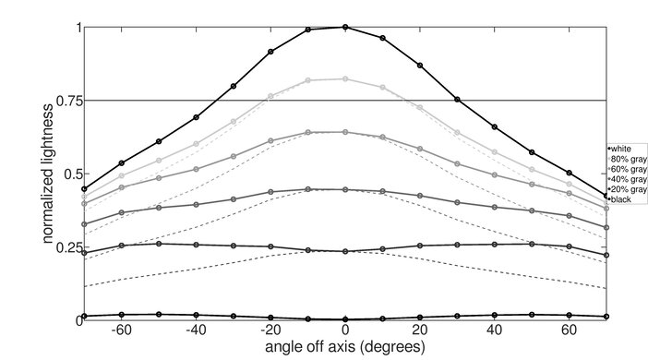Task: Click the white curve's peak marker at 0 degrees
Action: [345, 27]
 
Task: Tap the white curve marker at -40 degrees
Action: [196, 117]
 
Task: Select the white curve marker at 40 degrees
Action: [495, 126]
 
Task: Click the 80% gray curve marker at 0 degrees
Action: [345, 79]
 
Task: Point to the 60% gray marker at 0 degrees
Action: [345, 132]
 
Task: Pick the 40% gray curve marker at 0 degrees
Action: [345, 189]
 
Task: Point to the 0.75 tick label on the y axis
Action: [67, 101]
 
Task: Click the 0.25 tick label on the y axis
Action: [67, 247]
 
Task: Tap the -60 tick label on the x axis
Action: [119, 330]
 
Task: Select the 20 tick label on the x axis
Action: [420, 330]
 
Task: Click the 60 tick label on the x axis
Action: [570, 330]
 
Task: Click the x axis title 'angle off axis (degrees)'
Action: [344, 347]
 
